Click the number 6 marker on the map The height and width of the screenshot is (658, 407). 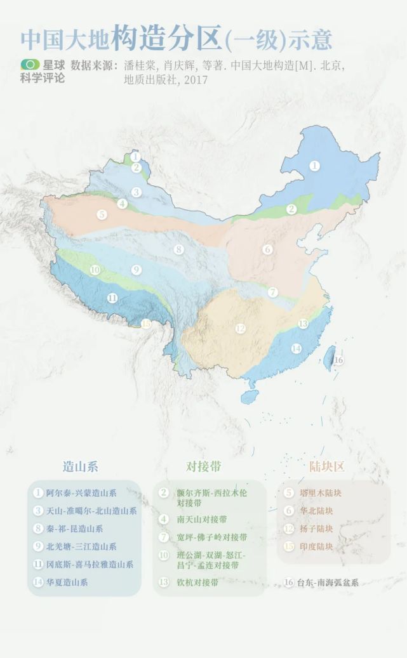point(268,249)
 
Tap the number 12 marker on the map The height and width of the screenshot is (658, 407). point(240,328)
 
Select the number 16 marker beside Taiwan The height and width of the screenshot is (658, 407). point(338,360)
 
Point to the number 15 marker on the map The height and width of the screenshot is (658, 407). point(147,324)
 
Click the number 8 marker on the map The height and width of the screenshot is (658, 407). point(179,249)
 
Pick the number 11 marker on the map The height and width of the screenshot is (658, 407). point(112,298)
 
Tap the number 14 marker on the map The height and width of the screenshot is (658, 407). point(296,348)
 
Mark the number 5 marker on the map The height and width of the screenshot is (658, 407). point(102,214)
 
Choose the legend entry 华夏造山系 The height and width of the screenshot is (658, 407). point(67,582)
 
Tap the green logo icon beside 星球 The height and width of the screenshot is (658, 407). point(29,65)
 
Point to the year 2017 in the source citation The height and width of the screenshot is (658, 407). point(196,81)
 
